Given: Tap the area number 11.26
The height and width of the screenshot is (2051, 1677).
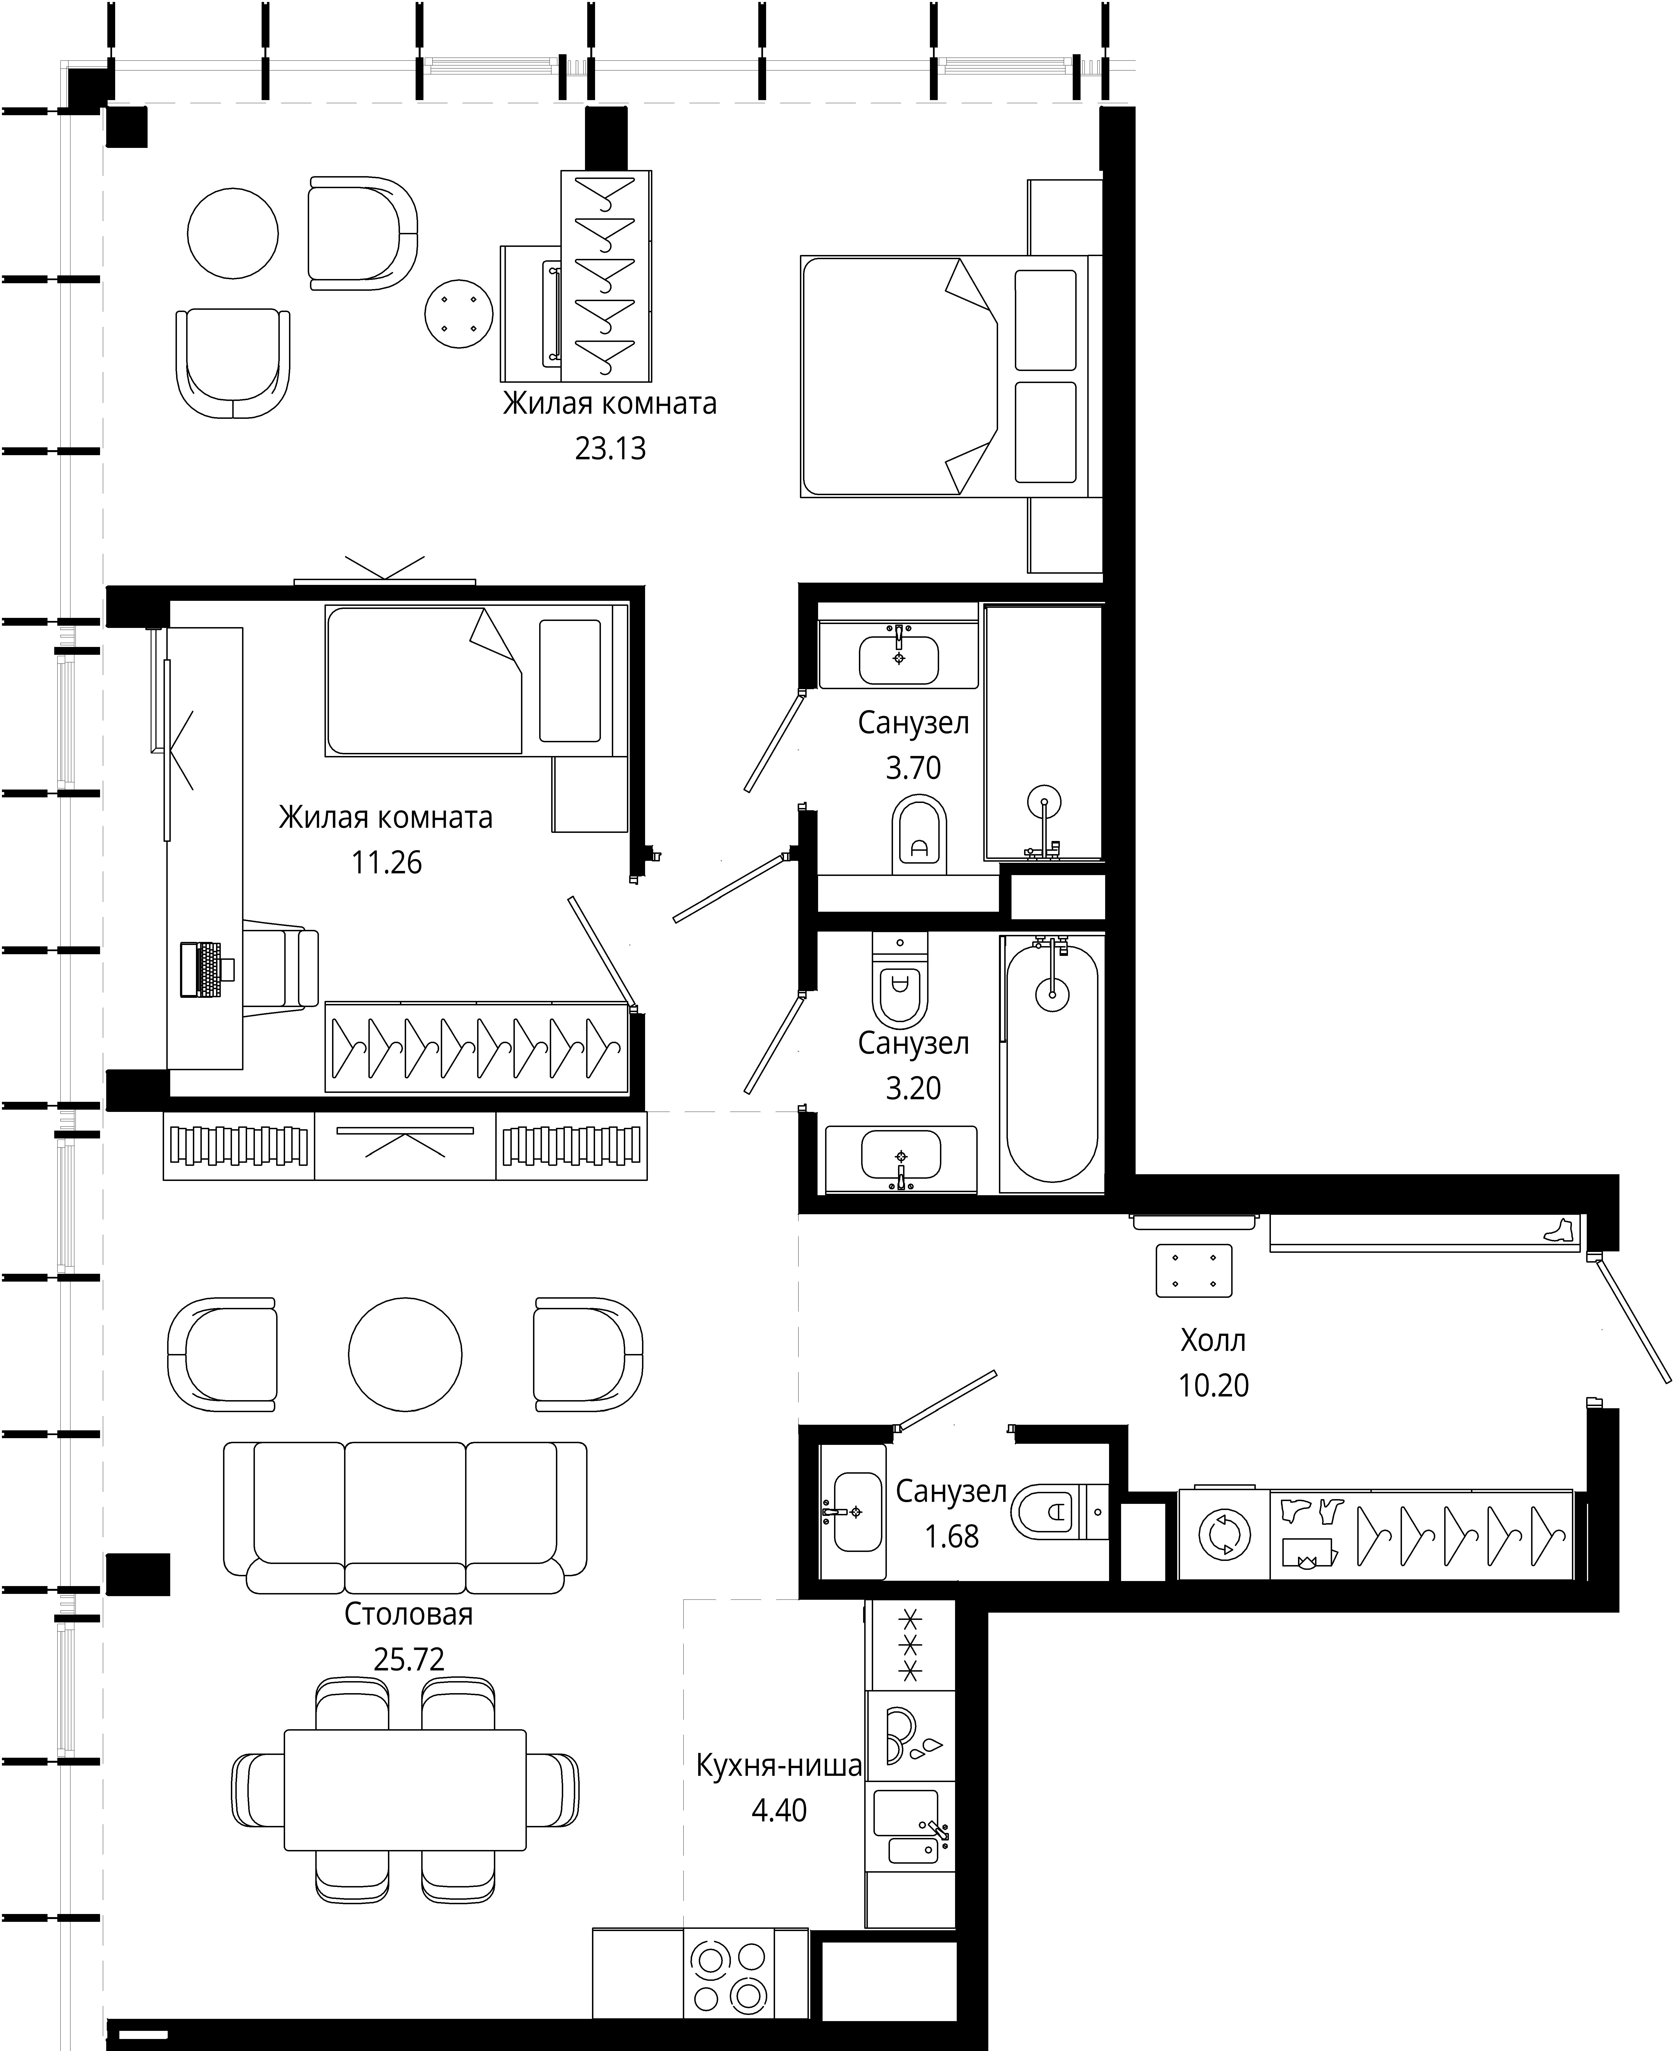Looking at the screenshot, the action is (x=386, y=862).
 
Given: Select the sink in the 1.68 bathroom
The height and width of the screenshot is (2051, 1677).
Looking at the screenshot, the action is (x=856, y=1511).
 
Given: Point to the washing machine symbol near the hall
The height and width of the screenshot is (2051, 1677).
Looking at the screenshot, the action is (x=1224, y=1534).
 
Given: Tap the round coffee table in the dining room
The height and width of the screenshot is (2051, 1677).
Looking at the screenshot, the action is (x=405, y=1355).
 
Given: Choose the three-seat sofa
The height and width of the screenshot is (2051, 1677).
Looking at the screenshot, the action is (x=405, y=1517).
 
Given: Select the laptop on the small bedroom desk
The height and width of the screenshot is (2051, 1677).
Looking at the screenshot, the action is (x=206, y=969).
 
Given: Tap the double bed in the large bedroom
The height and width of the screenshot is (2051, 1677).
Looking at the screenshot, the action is (x=951, y=377).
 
